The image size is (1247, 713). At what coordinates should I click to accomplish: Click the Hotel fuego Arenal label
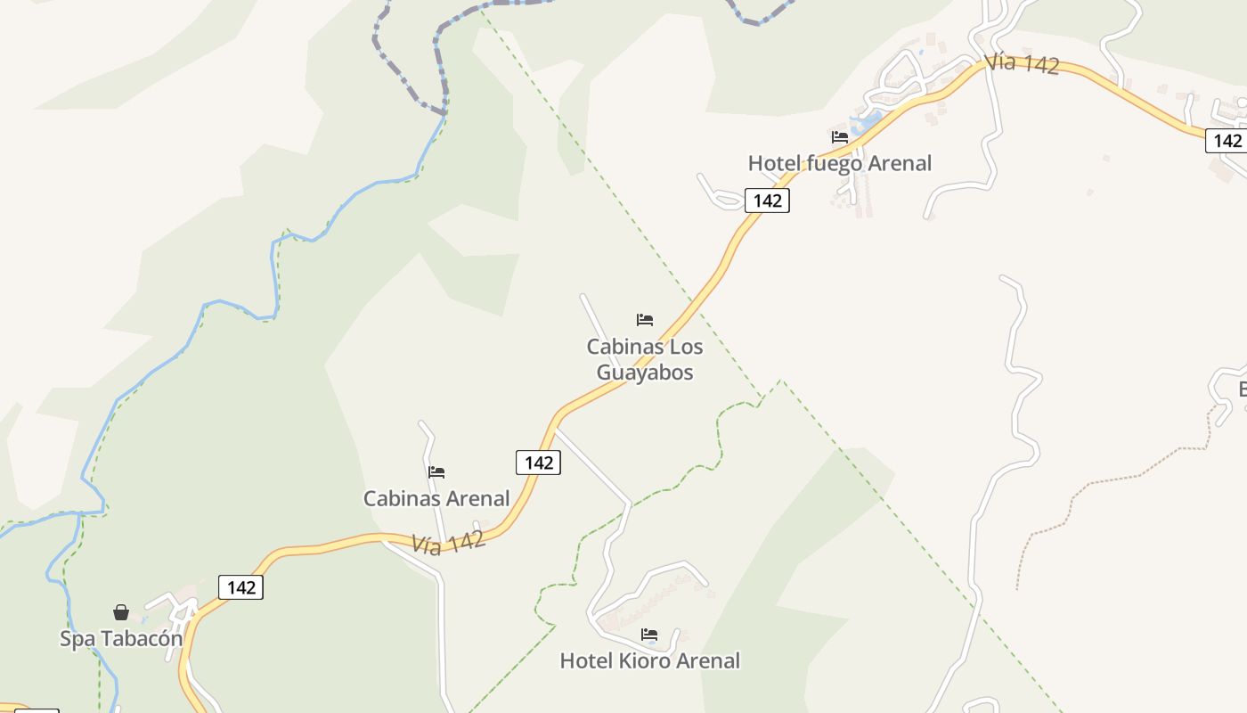pos(839,163)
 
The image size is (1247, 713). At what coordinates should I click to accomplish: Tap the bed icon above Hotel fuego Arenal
pos(839,137)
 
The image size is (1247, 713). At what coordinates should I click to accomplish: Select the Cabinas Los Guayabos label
pos(645,359)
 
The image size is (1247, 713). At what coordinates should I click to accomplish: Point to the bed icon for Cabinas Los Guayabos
pos(645,320)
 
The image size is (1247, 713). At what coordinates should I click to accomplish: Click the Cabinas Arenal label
pos(436,498)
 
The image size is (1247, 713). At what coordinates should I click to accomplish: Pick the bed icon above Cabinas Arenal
pos(436,472)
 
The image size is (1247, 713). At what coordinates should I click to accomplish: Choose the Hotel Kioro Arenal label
pos(649,660)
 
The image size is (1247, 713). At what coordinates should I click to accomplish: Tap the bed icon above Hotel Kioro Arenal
pos(649,635)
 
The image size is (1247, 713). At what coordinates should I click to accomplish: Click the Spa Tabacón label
pos(121,638)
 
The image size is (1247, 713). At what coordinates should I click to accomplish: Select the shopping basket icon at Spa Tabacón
pos(121,612)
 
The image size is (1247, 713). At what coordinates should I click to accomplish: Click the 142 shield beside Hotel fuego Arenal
pos(767,201)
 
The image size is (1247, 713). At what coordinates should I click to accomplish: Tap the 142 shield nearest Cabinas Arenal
pos(538,463)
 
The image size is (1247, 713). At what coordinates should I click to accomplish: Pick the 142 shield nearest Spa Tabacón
pos(240,587)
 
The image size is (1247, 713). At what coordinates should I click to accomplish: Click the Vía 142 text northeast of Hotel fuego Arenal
pos(1022,64)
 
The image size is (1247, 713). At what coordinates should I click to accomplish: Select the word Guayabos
pos(645,373)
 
